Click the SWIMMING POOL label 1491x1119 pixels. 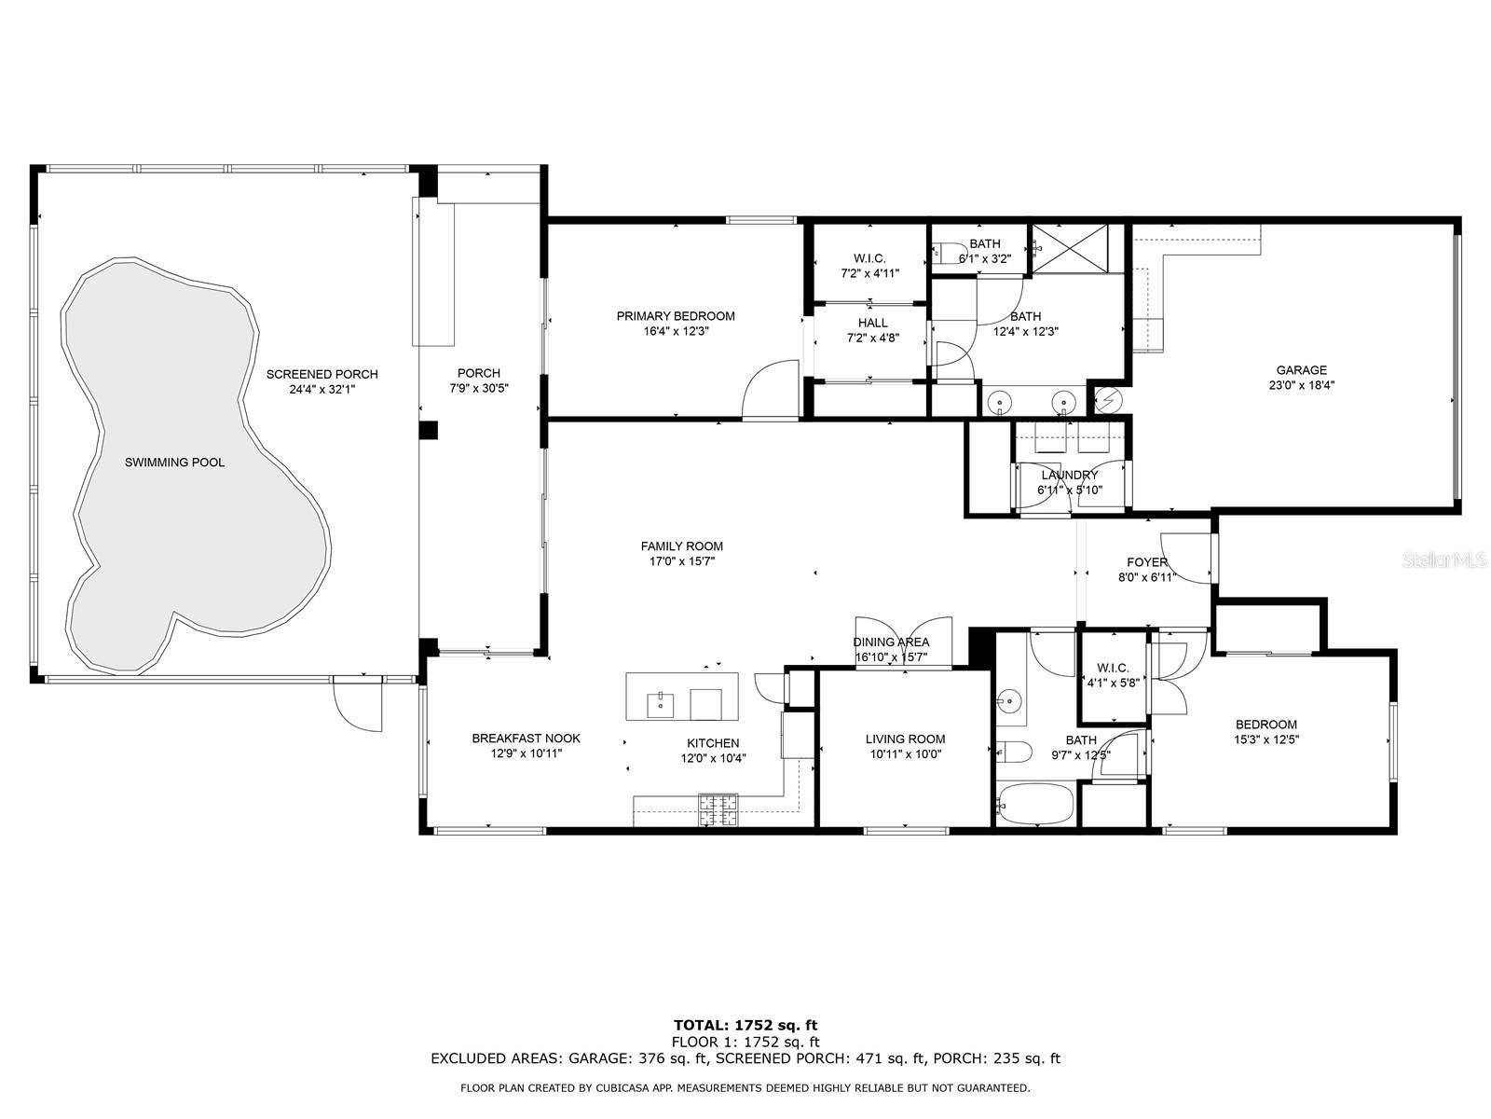point(174,463)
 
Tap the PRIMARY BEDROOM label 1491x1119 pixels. point(676,316)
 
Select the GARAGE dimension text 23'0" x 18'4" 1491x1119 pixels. point(1301,385)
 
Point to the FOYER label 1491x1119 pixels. point(1146,562)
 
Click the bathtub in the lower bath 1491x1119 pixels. point(1035,804)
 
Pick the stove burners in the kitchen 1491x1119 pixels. point(717,809)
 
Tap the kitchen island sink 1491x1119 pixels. point(660,705)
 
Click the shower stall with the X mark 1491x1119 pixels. point(1069,249)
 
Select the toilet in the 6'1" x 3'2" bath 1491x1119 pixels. point(947,253)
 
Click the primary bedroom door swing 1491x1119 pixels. point(770,390)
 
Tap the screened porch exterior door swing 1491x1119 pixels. point(357,704)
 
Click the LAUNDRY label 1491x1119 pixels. point(1069,475)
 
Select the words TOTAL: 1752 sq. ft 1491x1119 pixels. point(745,1025)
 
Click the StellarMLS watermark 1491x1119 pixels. point(1443,559)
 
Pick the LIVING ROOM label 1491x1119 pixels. point(905,739)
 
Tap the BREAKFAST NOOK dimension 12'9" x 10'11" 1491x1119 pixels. point(527,753)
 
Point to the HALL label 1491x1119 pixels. point(872,323)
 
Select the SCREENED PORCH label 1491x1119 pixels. point(322,374)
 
